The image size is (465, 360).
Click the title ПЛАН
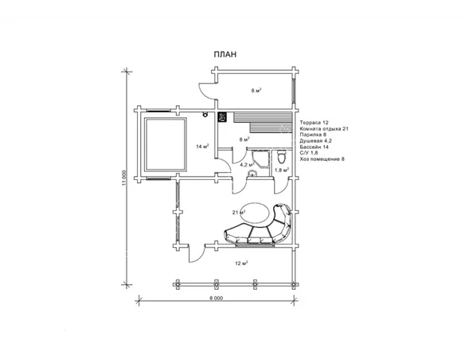(x=225, y=55)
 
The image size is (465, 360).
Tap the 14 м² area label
(x=202, y=147)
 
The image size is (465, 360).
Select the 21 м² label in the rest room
(x=239, y=213)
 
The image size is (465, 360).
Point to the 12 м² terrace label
(x=241, y=263)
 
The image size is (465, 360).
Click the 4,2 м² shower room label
(x=247, y=164)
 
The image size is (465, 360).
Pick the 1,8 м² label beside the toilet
(x=282, y=170)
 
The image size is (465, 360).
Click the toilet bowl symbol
(x=281, y=157)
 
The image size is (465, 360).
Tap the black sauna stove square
(x=222, y=117)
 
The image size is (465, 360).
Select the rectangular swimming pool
(x=166, y=144)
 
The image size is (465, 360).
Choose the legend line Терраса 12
(x=314, y=122)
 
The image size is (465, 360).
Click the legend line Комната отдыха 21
(x=324, y=129)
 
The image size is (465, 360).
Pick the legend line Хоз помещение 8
(x=322, y=159)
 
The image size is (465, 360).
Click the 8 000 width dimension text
(x=217, y=299)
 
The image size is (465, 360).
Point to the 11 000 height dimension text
(x=124, y=178)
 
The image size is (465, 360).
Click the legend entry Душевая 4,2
(x=316, y=141)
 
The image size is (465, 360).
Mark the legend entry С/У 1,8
(x=309, y=153)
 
